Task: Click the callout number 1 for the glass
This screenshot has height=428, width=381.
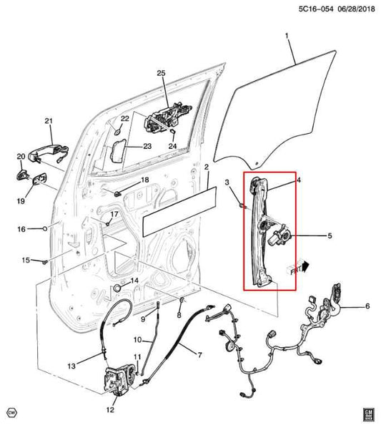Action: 287,35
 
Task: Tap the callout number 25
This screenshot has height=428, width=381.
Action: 160,74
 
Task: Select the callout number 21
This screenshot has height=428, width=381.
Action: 49,120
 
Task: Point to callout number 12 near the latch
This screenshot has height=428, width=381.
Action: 110,410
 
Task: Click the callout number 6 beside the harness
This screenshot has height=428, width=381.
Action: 367,306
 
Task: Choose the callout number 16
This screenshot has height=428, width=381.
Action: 21,229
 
